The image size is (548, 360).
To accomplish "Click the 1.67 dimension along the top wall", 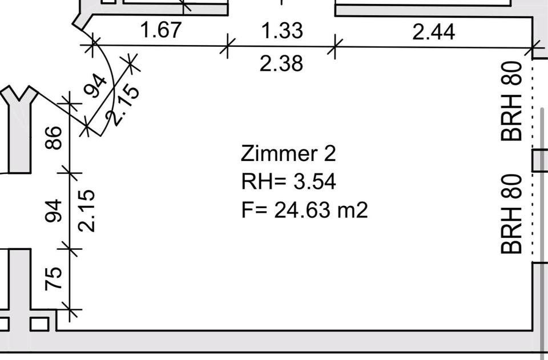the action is click(x=161, y=30).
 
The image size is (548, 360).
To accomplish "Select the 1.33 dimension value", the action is click(x=282, y=30).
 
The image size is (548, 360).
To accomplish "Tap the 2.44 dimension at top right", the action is click(x=434, y=32).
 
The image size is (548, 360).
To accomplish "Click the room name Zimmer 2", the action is click(x=288, y=153).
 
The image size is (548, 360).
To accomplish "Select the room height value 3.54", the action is click(x=315, y=182).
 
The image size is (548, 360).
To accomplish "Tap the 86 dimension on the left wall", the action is click(x=54, y=138).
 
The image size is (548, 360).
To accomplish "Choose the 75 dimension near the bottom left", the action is click(x=54, y=278).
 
